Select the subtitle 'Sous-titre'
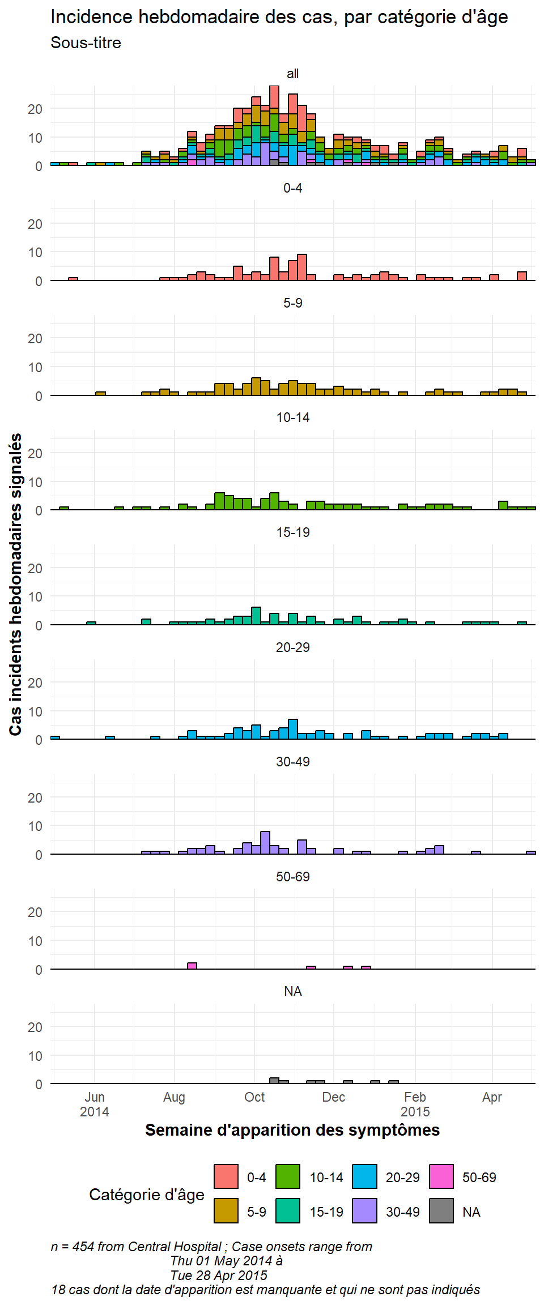pos(86,43)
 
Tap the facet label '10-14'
pos(292,417)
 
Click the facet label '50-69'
pos(292,877)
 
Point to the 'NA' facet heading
pos(292,991)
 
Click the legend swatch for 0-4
pos(226,1176)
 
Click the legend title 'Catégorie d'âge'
pos(147,1195)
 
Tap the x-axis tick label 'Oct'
pos(254,1097)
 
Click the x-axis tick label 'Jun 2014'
pos(95,1104)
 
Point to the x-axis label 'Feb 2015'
pos(415,1104)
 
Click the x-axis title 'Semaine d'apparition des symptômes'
pos(292,1130)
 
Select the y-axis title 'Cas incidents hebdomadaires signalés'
pos(16,585)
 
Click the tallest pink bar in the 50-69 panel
pos(192,966)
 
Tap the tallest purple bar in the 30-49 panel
pos(265,843)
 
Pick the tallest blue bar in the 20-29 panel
pos(293,730)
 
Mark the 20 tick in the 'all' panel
pos(35,109)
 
